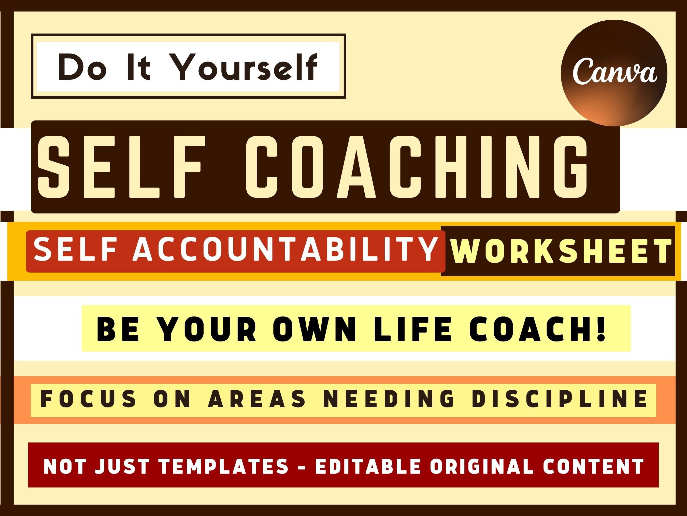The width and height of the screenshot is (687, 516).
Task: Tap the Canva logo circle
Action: tap(614, 73)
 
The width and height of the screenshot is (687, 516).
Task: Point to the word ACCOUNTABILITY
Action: tap(285, 250)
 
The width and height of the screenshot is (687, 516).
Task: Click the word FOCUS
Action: tap(89, 399)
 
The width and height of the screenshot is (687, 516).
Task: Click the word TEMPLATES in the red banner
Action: tap(224, 466)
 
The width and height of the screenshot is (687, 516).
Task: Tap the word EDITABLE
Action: tap(368, 466)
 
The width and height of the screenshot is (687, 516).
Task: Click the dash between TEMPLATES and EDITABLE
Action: tap(302, 467)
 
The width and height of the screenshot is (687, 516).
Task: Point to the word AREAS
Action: tap(257, 399)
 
